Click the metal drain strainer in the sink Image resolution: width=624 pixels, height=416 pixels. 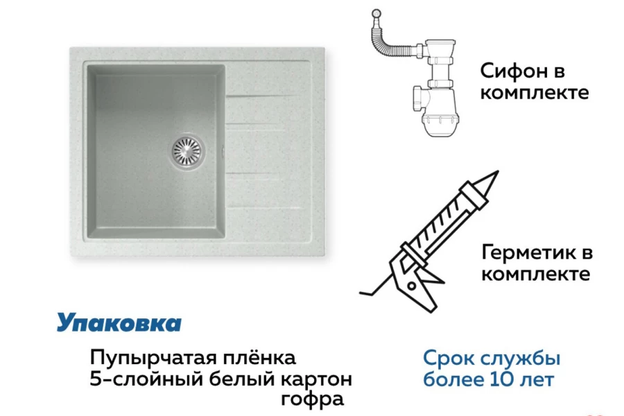(187, 151)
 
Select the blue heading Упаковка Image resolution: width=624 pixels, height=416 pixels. (119, 322)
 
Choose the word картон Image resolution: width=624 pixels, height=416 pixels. (317, 380)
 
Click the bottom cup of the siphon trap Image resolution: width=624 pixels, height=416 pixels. (440, 121)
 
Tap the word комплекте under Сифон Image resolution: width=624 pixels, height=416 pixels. (535, 93)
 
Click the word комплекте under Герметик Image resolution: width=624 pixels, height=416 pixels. (536, 274)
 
